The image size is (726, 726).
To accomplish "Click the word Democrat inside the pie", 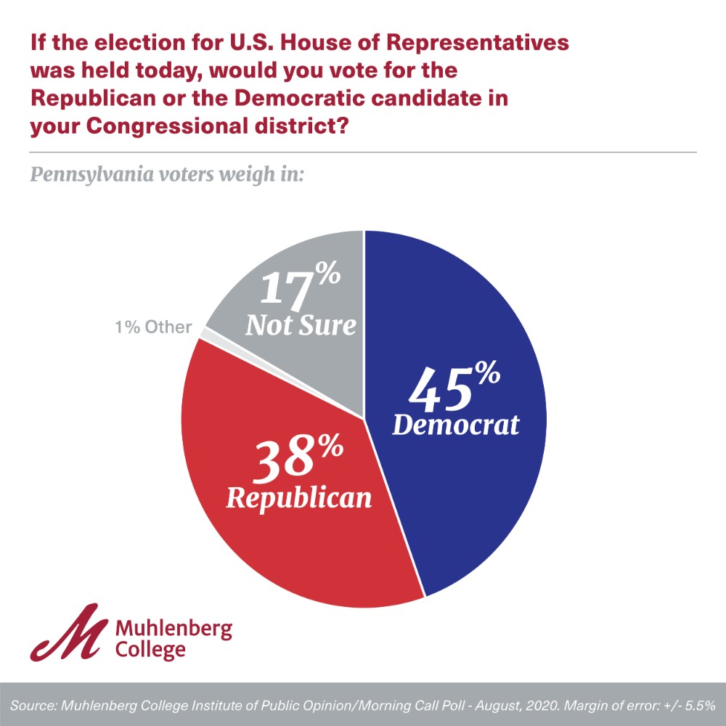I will (456, 425).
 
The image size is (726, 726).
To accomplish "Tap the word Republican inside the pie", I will (299, 498).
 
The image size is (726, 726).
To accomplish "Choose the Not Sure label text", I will (301, 325).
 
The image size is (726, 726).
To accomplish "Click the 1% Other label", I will (153, 327).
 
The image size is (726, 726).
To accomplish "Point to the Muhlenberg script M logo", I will (69, 632).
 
